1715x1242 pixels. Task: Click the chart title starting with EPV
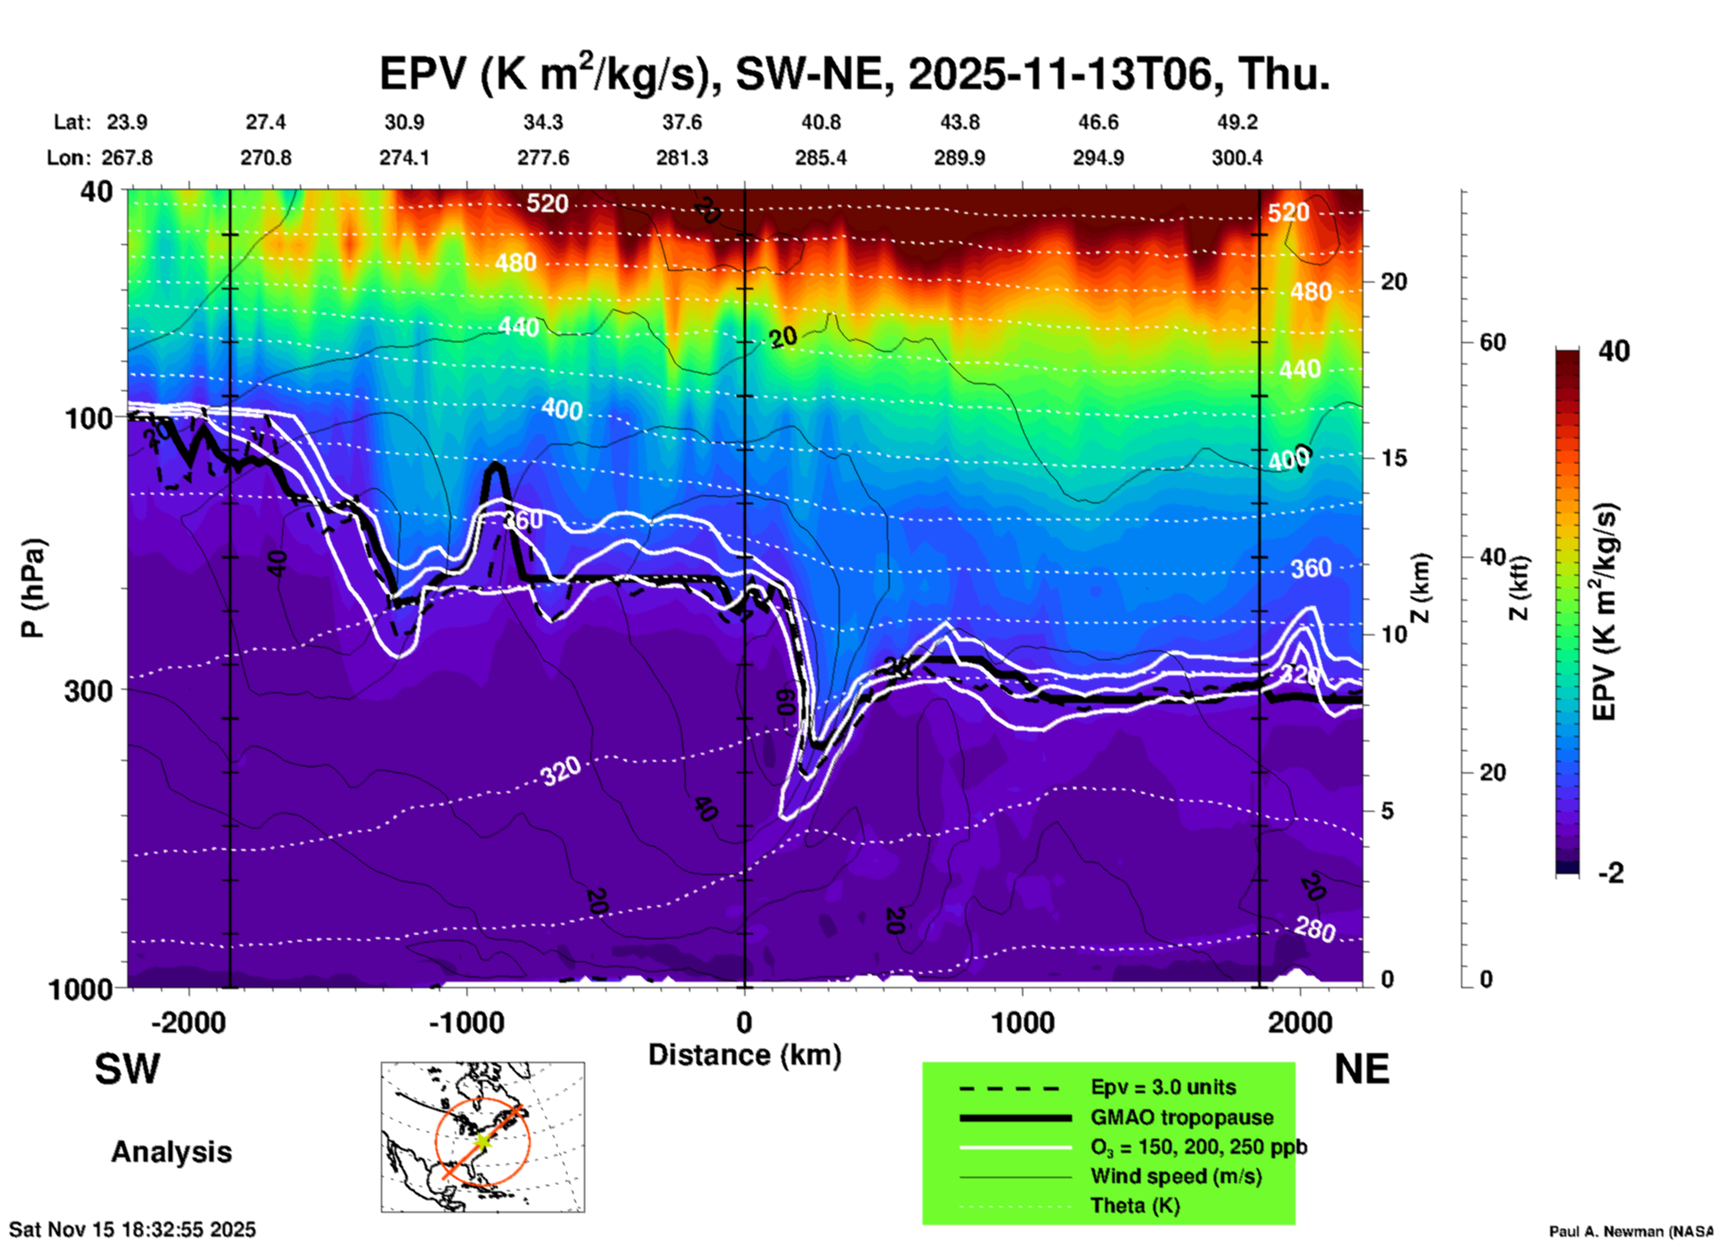coord(855,74)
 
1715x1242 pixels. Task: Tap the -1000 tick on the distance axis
coord(467,1022)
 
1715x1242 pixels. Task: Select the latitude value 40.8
coord(820,122)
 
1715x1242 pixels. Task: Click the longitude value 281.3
coord(682,158)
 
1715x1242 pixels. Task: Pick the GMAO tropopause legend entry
coord(1182,1117)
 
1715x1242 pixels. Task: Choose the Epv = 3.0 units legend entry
coord(1163,1087)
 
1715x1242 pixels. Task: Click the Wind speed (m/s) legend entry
coord(1175,1176)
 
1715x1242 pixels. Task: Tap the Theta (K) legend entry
coord(1134,1205)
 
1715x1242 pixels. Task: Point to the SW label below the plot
coord(127,1069)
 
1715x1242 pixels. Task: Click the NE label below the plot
coord(1361,1069)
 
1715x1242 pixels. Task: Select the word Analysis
coord(171,1152)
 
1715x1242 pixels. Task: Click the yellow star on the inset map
coord(482,1140)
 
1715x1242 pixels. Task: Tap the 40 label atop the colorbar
coord(1613,351)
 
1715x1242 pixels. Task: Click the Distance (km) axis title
coord(744,1055)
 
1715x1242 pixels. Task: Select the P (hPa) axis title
coord(33,588)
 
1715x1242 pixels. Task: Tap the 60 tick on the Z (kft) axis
coord(1492,342)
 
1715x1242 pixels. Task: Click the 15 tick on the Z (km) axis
coord(1393,458)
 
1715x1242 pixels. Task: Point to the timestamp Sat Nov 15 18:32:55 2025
coord(133,1230)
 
